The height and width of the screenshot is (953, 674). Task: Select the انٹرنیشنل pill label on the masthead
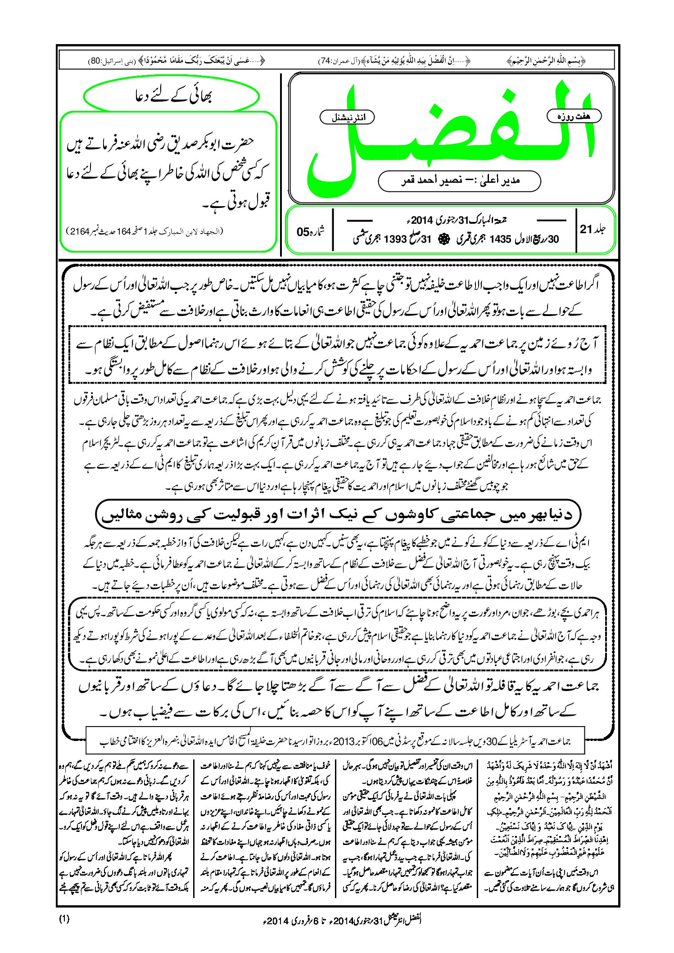pos(347,118)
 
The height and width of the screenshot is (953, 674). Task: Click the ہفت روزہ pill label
pos(574,116)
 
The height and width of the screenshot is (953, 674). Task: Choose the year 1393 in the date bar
pos(395,239)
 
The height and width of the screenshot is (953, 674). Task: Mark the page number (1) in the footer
pos(64,919)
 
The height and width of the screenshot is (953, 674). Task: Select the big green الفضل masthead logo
pos(450,135)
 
